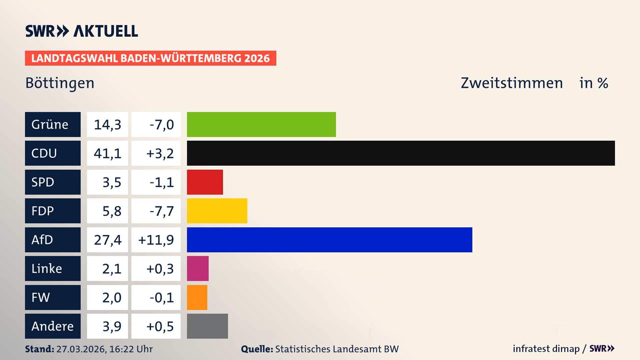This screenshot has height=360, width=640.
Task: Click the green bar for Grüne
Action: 261,124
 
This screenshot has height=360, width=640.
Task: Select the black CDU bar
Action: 401,153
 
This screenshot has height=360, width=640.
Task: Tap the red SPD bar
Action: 205,182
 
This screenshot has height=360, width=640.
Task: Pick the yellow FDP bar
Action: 217,211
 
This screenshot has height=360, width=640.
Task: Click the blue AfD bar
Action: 329,240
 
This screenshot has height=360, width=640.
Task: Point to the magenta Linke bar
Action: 198,268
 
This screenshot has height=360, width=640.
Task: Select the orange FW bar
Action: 197,297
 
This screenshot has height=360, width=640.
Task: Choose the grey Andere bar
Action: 207,326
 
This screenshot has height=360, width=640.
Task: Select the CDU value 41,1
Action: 107,153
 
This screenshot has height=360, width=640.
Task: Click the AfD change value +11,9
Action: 156,240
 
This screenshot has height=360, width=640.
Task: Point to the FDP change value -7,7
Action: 162,211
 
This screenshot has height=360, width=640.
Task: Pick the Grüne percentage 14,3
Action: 107,125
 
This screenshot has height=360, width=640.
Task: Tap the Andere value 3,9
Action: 112,326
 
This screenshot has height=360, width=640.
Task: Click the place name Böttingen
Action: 60,83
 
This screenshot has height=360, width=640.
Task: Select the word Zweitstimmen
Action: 512,83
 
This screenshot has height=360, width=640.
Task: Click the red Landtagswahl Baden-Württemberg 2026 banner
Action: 150,58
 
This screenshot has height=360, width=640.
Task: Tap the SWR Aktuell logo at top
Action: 82,31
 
